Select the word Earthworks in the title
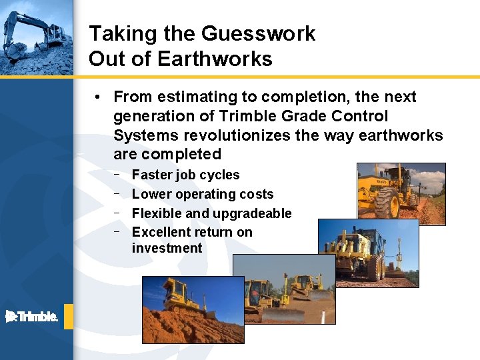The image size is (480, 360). (215, 59)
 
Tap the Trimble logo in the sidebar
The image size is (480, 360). (31, 317)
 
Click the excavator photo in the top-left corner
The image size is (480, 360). (36, 37)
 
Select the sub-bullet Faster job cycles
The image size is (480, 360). (185, 175)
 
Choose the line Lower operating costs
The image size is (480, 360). (203, 195)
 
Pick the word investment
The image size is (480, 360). (167, 248)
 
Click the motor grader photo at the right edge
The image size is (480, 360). (401, 190)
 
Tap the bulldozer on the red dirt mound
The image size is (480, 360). (183, 303)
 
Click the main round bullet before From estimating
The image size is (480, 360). (97, 97)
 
